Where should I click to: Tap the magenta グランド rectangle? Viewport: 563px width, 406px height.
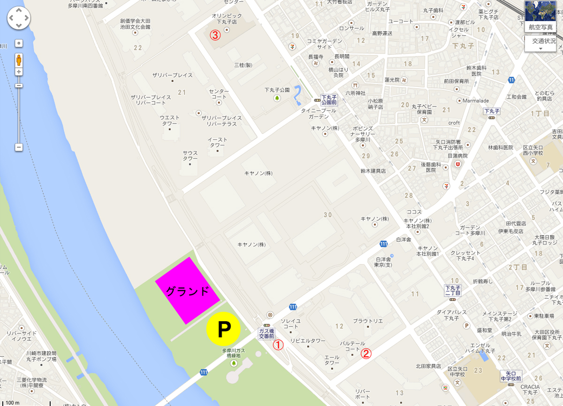(x=188, y=291)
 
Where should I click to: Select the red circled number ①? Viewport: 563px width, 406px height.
(x=279, y=345)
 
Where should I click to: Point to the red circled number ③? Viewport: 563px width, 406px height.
(x=215, y=35)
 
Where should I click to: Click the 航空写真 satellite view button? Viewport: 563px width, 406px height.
(x=540, y=16)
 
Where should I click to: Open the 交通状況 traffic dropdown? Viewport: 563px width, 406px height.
(x=543, y=44)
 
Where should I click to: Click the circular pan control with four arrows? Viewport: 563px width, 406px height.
(x=19, y=19)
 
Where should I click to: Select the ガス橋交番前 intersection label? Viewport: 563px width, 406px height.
(x=266, y=334)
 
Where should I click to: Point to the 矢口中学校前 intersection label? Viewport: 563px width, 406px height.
(x=510, y=375)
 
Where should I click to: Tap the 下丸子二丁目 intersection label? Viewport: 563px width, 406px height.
(x=453, y=290)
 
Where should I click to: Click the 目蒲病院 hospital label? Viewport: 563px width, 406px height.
(x=458, y=156)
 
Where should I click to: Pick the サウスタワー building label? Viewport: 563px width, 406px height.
(x=190, y=156)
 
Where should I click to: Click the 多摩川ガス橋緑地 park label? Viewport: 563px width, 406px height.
(x=234, y=353)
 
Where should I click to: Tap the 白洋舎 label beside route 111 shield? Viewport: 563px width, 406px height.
(x=403, y=239)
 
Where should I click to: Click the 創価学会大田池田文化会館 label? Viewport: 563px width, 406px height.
(x=135, y=24)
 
